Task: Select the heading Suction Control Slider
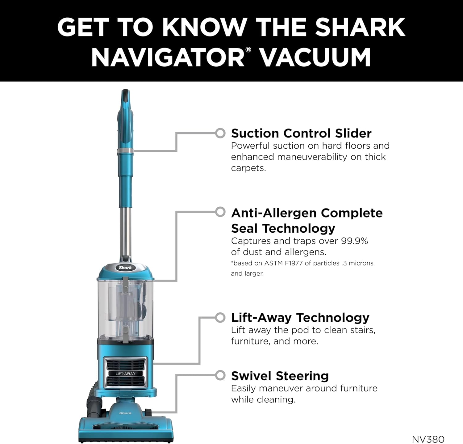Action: tap(301, 133)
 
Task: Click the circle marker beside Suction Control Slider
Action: tap(220, 133)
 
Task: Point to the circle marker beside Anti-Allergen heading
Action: tap(220, 212)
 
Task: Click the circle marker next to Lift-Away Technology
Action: tap(220, 317)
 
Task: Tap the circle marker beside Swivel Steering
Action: tap(220, 375)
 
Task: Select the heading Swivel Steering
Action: tap(280, 376)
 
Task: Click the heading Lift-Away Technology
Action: tap(300, 318)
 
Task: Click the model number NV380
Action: tap(428, 439)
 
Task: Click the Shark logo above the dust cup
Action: tap(125, 268)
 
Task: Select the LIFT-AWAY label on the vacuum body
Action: tap(125, 374)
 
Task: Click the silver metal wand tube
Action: tap(125, 232)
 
